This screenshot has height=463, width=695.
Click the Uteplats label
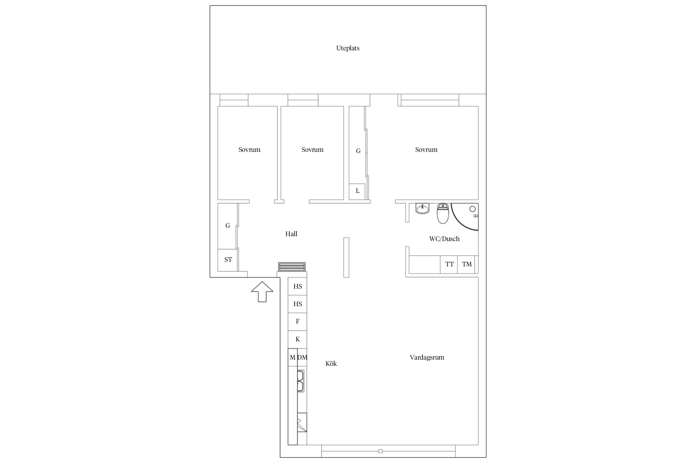coord(348,48)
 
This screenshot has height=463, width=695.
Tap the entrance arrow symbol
coord(262,291)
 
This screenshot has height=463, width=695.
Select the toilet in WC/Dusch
coord(443,213)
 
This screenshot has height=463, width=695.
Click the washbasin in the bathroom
coord(422,209)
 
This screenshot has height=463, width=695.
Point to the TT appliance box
coord(449,265)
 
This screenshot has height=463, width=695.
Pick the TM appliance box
coord(466,265)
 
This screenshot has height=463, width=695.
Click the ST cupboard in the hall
coord(228,260)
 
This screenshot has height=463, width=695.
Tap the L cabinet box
coord(357,191)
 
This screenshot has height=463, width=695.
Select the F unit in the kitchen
coord(297,322)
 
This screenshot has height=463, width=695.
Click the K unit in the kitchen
coord(297,340)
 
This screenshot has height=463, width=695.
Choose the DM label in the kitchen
coord(302,357)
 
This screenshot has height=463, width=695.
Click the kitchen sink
coord(301,381)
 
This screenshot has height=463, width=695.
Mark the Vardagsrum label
coord(427,357)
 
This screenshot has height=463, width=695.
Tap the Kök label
coord(331,364)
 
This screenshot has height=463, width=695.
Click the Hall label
coord(291,234)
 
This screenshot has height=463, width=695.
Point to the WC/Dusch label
coord(444,239)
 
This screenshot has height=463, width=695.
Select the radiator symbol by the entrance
coord(292,267)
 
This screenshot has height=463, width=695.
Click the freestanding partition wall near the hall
coord(346,257)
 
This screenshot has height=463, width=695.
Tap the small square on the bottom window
coord(381,451)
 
